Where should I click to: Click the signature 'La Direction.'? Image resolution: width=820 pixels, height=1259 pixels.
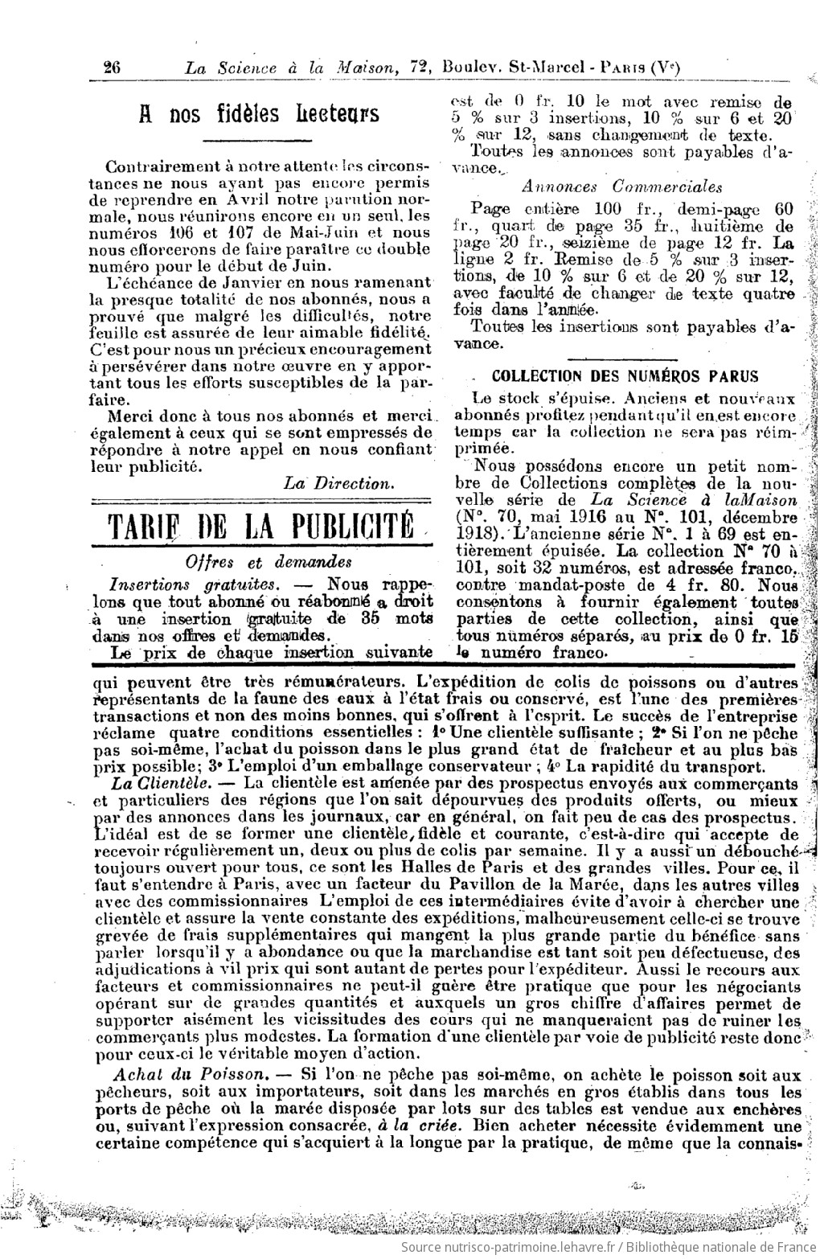[338, 483]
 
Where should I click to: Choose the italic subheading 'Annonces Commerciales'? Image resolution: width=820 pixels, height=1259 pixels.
[621, 187]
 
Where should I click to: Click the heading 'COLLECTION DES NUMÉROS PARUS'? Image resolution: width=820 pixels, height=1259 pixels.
[624, 376]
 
